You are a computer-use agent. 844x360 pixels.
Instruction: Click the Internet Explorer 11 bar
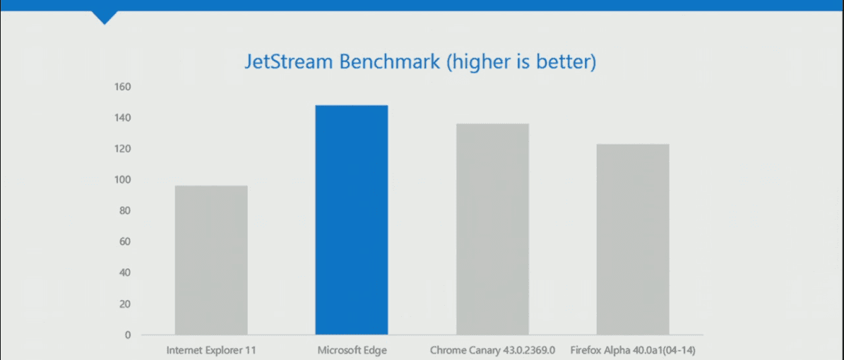pyautogui.click(x=211, y=260)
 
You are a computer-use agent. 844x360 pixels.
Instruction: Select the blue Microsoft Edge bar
pyautogui.click(x=352, y=220)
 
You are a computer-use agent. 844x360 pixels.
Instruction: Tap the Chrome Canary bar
pyautogui.click(x=492, y=229)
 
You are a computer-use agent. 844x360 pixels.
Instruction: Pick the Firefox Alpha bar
pyautogui.click(x=633, y=239)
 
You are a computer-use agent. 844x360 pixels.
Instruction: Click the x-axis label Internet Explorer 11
pyautogui.click(x=212, y=350)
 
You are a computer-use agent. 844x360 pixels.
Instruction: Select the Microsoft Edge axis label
pyautogui.click(x=352, y=350)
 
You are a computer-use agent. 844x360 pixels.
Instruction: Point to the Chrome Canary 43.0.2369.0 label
pyautogui.click(x=492, y=350)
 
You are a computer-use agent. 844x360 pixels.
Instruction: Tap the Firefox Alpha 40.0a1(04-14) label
pyautogui.click(x=633, y=350)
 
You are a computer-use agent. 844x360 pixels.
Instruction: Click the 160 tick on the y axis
pyautogui.click(x=122, y=87)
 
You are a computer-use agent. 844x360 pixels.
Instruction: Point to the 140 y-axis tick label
pyautogui.click(x=122, y=118)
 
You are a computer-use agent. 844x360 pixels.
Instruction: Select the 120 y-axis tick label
pyautogui.click(x=122, y=148)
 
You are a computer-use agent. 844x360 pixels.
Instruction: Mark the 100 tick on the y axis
pyautogui.click(x=122, y=180)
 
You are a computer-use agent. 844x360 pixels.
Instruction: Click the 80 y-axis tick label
pyautogui.click(x=125, y=211)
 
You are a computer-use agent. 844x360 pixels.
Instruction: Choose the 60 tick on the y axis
pyautogui.click(x=125, y=241)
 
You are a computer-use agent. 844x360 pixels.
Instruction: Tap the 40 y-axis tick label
pyautogui.click(x=125, y=273)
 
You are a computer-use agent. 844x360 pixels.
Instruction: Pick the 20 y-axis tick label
pyautogui.click(x=125, y=304)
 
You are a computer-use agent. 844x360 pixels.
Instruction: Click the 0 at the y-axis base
pyautogui.click(x=128, y=335)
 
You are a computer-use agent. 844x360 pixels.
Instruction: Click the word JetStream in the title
pyautogui.click(x=289, y=61)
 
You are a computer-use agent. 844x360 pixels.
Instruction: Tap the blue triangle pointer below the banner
pyautogui.click(x=105, y=17)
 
